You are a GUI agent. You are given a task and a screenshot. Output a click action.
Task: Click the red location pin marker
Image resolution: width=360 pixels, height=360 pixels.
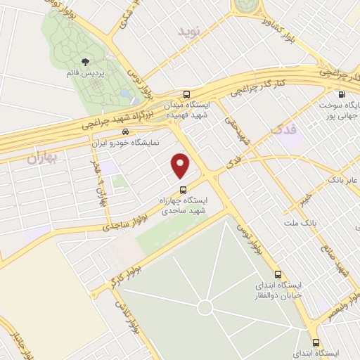[x=181, y=166]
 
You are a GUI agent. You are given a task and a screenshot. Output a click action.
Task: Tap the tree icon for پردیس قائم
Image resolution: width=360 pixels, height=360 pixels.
[x=86, y=63]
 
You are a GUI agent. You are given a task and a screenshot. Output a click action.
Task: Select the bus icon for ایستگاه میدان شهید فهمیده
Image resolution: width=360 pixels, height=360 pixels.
[x=186, y=94]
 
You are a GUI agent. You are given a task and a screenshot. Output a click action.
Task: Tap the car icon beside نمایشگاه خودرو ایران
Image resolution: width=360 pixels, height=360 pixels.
[x=124, y=131]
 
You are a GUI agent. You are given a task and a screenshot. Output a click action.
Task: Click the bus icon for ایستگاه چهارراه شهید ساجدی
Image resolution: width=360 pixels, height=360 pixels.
[x=183, y=189]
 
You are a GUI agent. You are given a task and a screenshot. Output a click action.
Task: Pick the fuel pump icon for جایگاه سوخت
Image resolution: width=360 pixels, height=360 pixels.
[x=342, y=95]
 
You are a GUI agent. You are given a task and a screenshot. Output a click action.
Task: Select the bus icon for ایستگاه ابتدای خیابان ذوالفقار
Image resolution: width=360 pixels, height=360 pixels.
[x=278, y=275]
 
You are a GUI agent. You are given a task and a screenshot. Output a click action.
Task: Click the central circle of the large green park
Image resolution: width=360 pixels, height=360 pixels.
[x=205, y=307]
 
